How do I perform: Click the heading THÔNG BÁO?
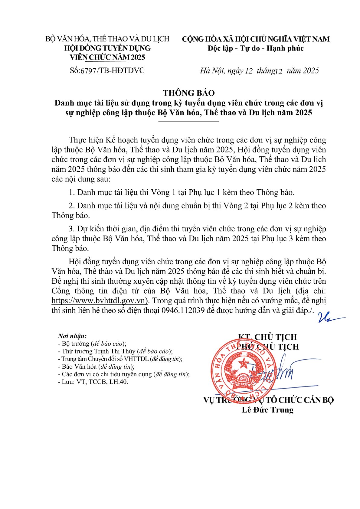189,93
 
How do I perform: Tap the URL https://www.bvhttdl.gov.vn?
99,301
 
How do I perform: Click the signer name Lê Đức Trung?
268,410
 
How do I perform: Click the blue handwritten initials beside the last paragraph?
328,318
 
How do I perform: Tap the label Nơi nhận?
73,336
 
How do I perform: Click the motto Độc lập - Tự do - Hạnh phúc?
256,48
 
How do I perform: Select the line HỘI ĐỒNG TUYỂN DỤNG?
108,48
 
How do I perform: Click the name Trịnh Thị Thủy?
115,351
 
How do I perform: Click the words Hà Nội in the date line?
212,71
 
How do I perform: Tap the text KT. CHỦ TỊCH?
268,337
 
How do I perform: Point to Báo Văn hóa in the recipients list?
79,367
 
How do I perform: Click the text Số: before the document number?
75,71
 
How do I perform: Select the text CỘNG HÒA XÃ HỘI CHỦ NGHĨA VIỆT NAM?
256,39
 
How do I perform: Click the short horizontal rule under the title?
189,122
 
